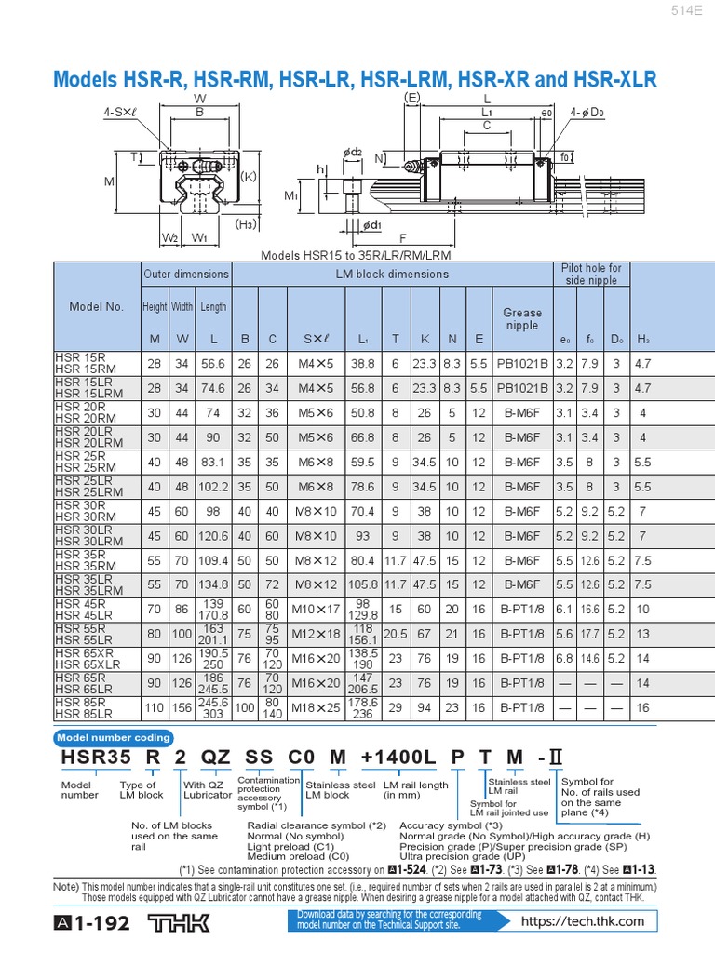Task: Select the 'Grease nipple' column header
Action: pyautogui.click(x=521, y=319)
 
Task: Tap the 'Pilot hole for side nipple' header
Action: pyautogui.click(x=590, y=274)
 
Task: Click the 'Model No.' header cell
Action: pyautogui.click(x=96, y=306)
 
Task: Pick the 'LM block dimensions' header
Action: pyautogui.click(x=391, y=274)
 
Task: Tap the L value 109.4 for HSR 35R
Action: pyautogui.click(x=213, y=561)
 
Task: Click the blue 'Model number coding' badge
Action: pyautogui.click(x=115, y=737)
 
